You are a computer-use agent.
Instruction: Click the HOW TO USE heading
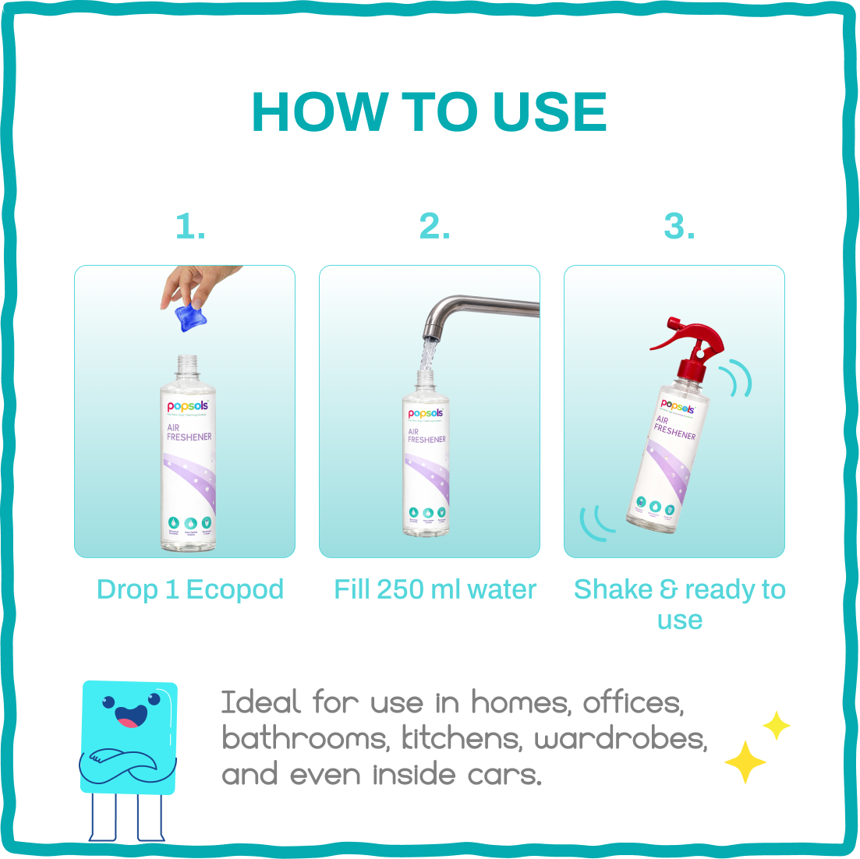point(430,113)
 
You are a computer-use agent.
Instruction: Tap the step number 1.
point(190,227)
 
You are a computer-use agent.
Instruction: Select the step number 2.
point(434,227)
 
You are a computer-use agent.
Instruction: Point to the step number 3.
point(678,227)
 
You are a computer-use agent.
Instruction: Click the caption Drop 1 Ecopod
point(190,589)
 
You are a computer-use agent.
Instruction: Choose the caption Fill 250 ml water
point(435,589)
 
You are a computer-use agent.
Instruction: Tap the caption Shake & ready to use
point(679,603)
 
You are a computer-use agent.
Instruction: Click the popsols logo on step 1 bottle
point(187,406)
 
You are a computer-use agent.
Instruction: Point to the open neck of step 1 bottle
point(188,363)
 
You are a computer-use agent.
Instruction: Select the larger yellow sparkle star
point(745,762)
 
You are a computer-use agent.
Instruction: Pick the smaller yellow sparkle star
point(776,725)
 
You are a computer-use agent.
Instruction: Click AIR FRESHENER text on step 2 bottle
point(426,436)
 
